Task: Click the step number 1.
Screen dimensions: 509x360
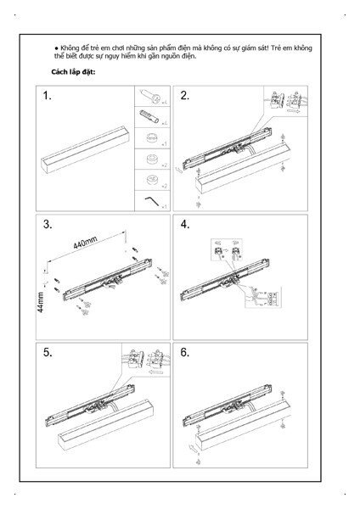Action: (49, 97)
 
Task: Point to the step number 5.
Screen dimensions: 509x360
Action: (49, 351)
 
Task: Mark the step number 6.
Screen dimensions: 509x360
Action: (184, 351)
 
